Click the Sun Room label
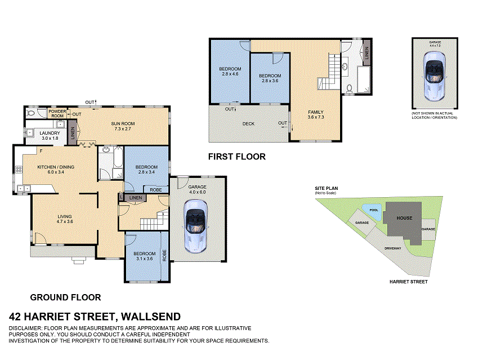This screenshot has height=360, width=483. [x=123, y=124]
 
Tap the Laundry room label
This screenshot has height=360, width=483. [x=50, y=133]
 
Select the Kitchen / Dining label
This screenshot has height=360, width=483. [x=56, y=167]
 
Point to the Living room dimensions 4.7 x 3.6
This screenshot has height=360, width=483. [x=65, y=221]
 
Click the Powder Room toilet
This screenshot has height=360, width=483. [x=30, y=113]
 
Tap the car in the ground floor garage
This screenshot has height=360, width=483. [x=195, y=226]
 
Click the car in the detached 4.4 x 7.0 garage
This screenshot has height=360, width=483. [x=435, y=76]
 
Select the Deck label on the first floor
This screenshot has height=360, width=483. [x=248, y=124]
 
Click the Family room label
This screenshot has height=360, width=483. [x=316, y=112]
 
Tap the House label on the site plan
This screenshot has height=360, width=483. [x=404, y=218]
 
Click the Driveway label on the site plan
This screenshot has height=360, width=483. [x=393, y=248]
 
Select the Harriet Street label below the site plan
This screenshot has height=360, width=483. [x=409, y=282]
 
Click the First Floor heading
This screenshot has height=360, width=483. [x=237, y=157]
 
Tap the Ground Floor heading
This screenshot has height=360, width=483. [x=66, y=297]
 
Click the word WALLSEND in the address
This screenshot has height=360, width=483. [x=151, y=317]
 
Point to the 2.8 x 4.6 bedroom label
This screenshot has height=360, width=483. [x=230, y=72]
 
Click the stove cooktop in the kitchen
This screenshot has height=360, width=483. [x=19, y=169]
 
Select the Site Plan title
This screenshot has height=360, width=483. [x=326, y=188]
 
